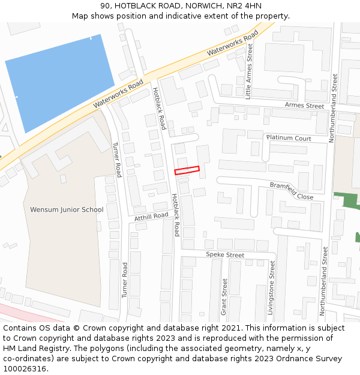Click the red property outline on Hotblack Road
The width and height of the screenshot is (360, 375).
pos(187,170)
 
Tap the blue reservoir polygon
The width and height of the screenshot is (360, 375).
pos(60,81)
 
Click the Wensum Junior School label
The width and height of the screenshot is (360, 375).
pos(67,209)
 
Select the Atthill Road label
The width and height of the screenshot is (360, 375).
pos(151,217)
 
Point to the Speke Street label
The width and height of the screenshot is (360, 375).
pos(225,255)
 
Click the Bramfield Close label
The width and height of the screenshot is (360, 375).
pos(292,191)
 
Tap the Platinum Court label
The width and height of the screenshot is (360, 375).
pos(289,138)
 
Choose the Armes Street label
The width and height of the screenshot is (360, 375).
pos(304,105)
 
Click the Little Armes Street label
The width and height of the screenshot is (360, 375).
pos(250,71)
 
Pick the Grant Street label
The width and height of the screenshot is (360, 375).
pos(225,296)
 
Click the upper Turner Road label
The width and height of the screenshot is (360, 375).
pos(118,160)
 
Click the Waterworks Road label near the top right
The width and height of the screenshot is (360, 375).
pos(232,44)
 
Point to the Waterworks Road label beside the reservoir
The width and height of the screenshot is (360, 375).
pos(118,94)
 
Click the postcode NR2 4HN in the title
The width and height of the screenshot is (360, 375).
pos(246,6)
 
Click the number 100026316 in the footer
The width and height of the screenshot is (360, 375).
pos(25,368)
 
